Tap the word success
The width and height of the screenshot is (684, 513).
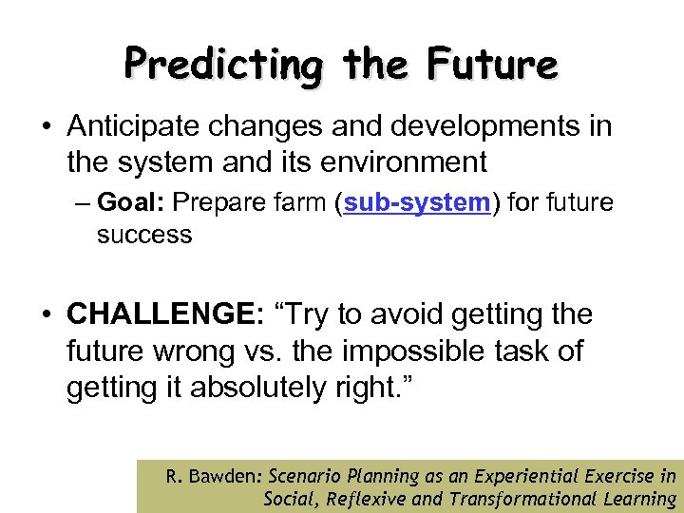pos(144,234)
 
